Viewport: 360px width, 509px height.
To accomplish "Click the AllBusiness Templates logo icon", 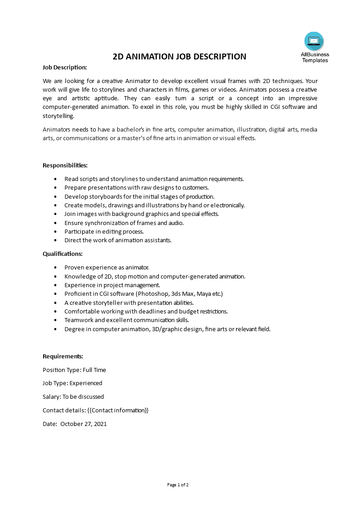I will [314, 41].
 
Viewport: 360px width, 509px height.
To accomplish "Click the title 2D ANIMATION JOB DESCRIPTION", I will [179, 57].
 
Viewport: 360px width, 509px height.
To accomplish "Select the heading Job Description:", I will [64, 67].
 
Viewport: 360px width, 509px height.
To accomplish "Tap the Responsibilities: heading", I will [65, 165].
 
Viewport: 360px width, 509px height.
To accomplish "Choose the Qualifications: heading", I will [63, 254].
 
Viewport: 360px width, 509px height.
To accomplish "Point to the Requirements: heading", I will [63, 356].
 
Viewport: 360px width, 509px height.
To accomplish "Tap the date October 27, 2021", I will [84, 424].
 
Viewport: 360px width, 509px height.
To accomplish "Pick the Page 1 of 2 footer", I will [178, 485].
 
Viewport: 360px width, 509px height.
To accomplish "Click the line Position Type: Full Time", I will [74, 370].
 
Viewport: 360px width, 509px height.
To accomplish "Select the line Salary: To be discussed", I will [73, 396].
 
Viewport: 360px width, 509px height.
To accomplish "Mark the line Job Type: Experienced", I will [72, 383].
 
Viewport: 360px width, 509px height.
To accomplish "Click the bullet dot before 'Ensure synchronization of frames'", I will [55, 223].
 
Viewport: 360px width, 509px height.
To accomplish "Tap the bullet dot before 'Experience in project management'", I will [55, 285].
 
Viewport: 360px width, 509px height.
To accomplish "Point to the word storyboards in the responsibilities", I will [103, 196].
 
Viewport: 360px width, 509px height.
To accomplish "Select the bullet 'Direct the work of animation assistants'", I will [118, 240].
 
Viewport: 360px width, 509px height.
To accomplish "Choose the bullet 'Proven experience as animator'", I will [106, 267].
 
